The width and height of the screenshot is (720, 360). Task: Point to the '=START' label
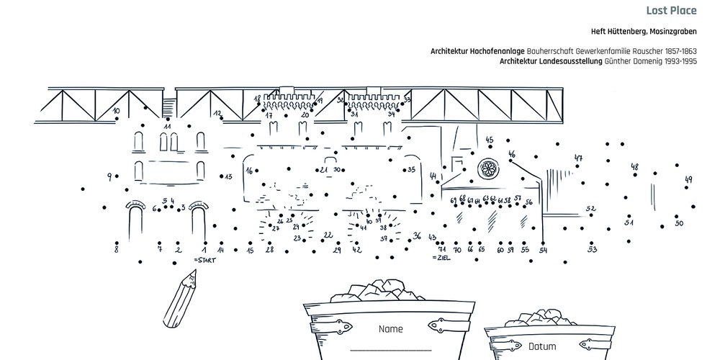[x=204, y=258]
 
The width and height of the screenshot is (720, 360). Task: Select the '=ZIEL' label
[x=441, y=258]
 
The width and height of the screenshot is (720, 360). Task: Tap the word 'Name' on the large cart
[x=390, y=329]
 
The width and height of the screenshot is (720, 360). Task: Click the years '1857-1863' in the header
[x=678, y=52]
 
